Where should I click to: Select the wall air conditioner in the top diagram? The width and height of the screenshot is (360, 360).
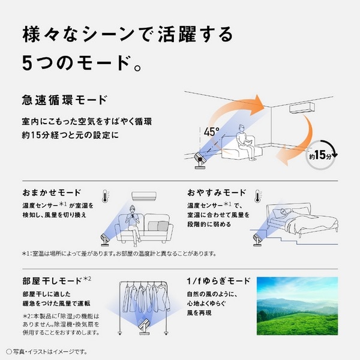(x=307, y=109)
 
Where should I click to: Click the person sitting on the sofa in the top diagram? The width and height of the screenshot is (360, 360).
(x=242, y=140)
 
